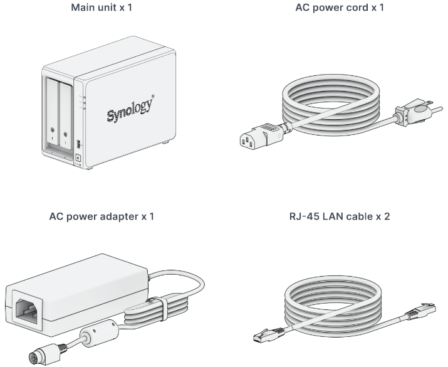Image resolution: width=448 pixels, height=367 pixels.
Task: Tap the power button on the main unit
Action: [x=78, y=158]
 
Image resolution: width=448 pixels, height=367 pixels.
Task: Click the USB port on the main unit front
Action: [x=78, y=144]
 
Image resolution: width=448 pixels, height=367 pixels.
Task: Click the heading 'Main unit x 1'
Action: [x=102, y=8]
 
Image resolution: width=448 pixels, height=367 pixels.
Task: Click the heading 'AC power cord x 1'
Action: [x=340, y=8]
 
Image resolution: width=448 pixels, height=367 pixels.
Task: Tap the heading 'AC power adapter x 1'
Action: [x=102, y=216]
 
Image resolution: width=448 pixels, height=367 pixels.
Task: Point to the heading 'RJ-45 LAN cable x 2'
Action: [x=340, y=216]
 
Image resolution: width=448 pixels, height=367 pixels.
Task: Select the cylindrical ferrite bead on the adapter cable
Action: [x=99, y=334]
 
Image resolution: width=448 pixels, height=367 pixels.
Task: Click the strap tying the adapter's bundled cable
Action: [x=162, y=309]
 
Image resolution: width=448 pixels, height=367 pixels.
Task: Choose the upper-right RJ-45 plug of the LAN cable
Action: [x=420, y=311]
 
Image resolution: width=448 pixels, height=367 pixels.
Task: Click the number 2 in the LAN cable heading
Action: [x=387, y=216]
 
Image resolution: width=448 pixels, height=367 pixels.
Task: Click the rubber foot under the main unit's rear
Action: [x=165, y=142]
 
